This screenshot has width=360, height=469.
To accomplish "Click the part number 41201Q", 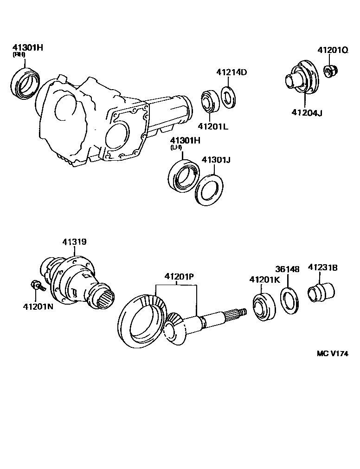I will click(332, 50).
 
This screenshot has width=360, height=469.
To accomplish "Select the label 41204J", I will click(307, 112).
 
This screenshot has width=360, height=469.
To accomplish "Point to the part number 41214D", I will click(231, 72).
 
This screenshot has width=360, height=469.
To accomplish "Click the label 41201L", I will click(213, 126).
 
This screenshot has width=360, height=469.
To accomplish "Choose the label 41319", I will click(74, 242).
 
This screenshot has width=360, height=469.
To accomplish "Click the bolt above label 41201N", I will click(36, 285).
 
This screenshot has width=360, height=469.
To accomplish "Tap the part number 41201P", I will click(179, 277).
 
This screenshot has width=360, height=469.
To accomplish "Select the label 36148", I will click(287, 269).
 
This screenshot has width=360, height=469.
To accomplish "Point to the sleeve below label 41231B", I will click(321, 294).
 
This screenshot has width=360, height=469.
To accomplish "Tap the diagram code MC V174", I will click(332, 353).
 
